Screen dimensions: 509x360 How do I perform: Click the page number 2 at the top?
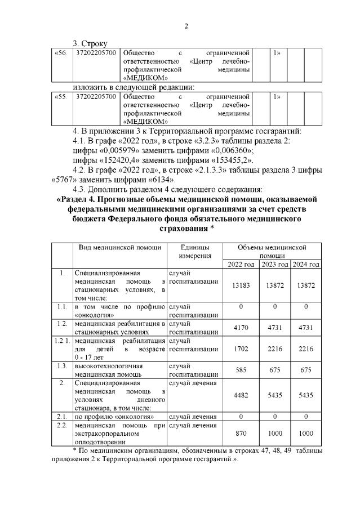click(186, 26)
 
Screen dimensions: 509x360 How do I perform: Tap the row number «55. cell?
click(60, 97)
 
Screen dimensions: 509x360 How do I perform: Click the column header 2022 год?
click(241, 264)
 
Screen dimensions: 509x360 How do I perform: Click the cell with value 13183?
click(241, 286)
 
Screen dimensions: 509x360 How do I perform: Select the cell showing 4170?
click(241, 328)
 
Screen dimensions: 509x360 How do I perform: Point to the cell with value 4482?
click(241, 395)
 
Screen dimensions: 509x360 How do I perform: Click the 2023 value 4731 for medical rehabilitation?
click(274, 328)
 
